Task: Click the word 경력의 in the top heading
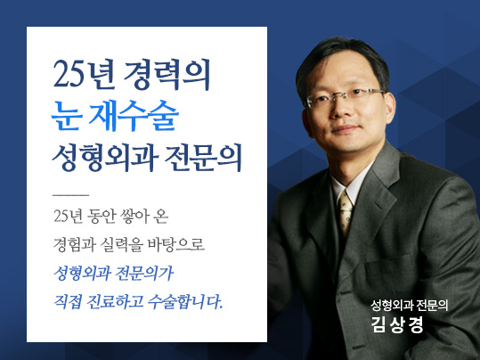(x=167, y=75)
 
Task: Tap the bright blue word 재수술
(x=134, y=116)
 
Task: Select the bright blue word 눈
(x=66, y=117)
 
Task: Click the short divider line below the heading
(x=70, y=195)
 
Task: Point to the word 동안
(x=101, y=217)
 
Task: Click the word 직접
(x=68, y=301)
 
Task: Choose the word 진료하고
(x=115, y=301)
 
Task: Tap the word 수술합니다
(x=185, y=301)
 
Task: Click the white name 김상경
(x=397, y=324)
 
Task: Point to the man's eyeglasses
(x=345, y=96)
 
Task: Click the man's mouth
(x=345, y=128)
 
